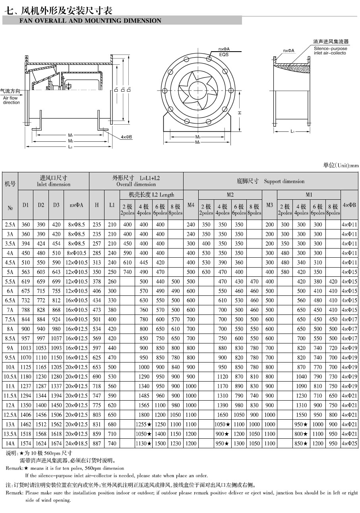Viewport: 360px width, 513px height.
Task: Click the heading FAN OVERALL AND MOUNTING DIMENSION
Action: coord(91,21)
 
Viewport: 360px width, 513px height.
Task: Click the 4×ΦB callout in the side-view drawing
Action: coord(127,137)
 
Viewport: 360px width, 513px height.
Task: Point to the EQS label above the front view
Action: coord(224,54)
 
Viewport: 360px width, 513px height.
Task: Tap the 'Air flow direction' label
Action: coord(12,100)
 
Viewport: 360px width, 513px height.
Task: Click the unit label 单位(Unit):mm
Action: coord(341,166)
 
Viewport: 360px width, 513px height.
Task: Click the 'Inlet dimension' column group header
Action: coord(54,184)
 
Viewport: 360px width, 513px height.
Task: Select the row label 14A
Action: coord(10,444)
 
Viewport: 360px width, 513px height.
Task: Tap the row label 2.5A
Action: coord(10,224)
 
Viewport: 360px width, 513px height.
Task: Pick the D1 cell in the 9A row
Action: coord(25,348)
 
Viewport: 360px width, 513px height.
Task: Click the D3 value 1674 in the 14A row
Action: coord(56,444)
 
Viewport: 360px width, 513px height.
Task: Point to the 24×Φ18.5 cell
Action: coord(76,444)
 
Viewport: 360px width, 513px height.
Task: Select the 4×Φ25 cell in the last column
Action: coord(350,444)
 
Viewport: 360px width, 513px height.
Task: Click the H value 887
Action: coord(97,444)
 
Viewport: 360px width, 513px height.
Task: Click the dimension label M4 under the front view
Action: coord(197,143)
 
